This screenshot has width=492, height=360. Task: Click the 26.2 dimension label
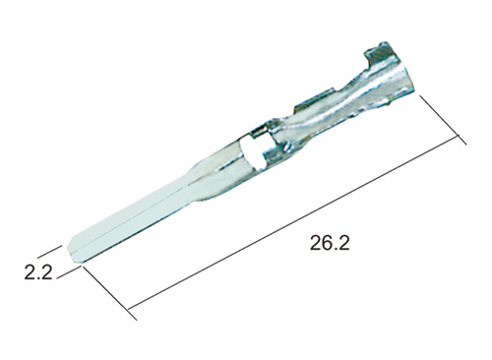pos(330,243)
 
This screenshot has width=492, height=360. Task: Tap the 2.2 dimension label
pos(38,272)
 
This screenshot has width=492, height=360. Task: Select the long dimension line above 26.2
pos(293,222)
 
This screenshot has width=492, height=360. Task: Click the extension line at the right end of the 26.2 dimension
pos(443,120)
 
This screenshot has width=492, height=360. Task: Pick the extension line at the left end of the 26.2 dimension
pos(109,293)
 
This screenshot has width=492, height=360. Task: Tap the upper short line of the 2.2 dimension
pos(49,251)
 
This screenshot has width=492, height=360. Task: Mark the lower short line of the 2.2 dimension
pos(69,272)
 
